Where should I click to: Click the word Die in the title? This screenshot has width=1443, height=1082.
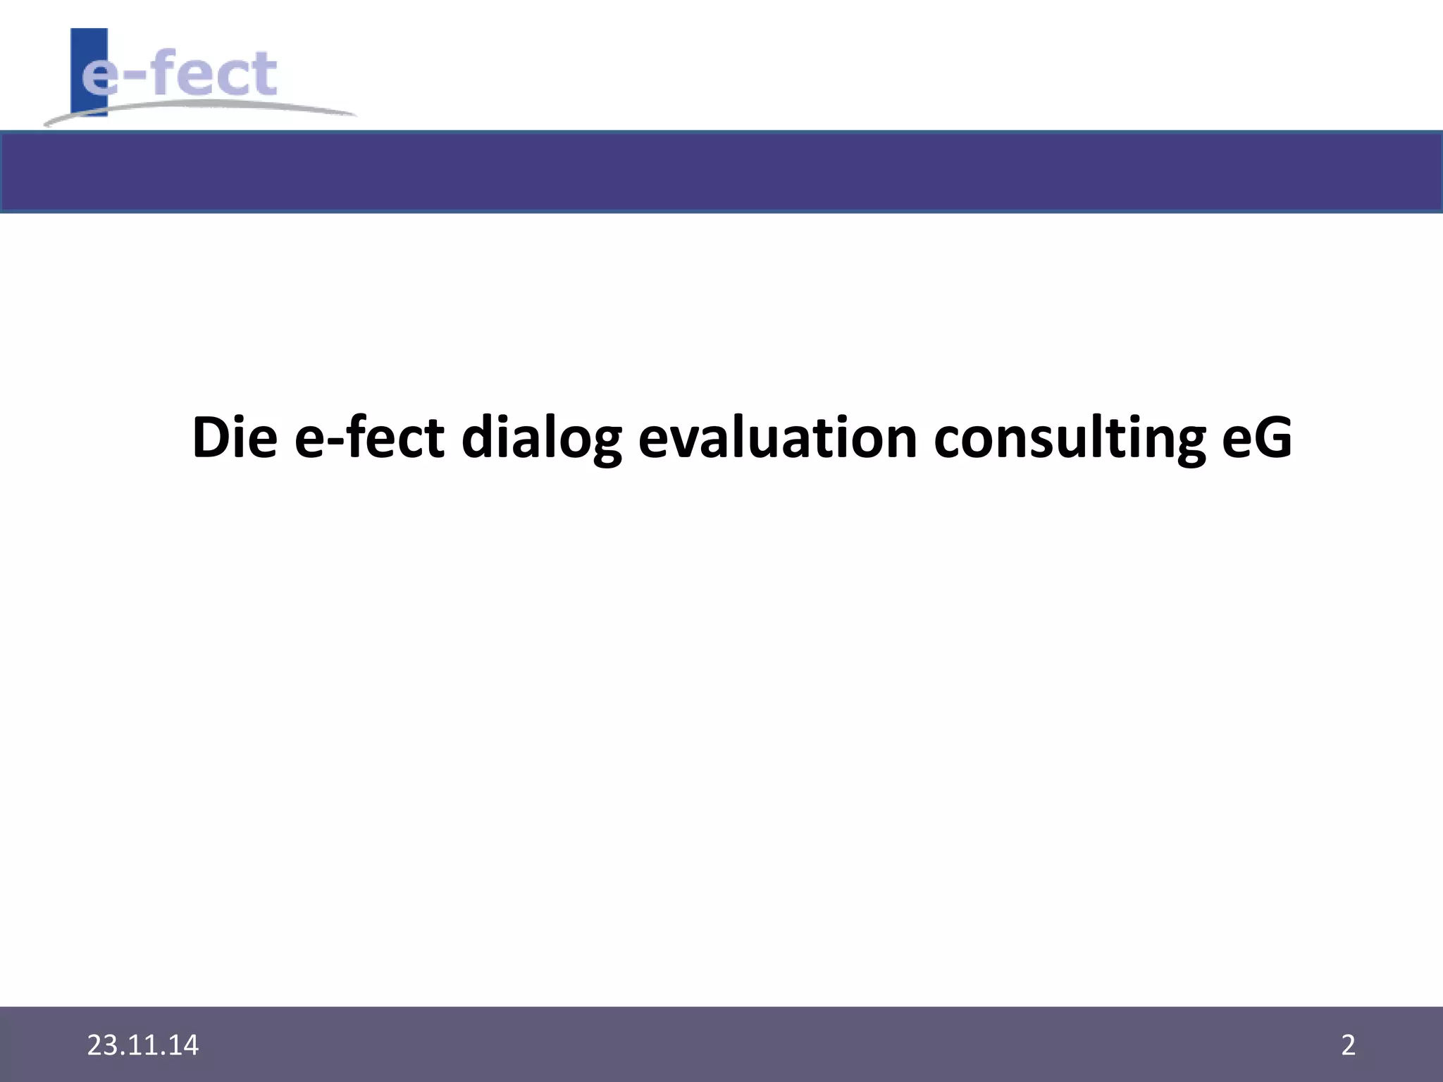(x=235, y=437)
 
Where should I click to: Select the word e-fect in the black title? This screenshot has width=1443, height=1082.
(x=369, y=437)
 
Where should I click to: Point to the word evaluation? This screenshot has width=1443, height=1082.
(x=777, y=437)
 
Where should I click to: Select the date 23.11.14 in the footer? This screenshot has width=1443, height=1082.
(x=143, y=1045)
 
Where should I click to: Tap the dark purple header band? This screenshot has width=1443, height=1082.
(x=721, y=171)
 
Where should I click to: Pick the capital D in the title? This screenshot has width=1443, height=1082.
(x=210, y=437)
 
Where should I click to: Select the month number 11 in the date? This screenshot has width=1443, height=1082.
(x=143, y=1045)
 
